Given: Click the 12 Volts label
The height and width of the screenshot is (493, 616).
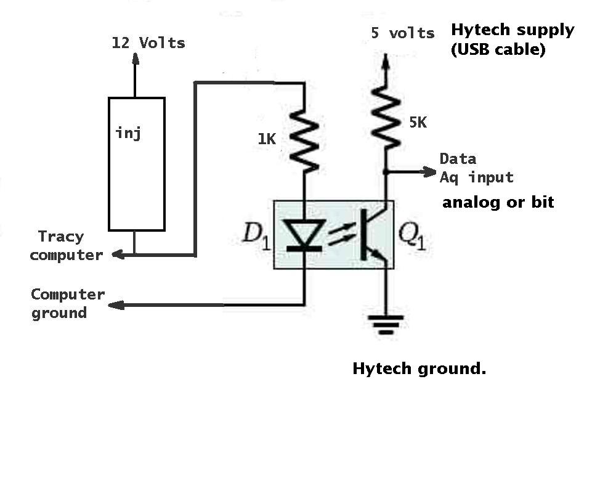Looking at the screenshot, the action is tap(148, 43).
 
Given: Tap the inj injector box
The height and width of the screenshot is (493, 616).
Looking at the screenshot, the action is tap(137, 164).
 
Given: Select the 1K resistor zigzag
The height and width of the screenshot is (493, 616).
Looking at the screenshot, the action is tap(304, 141).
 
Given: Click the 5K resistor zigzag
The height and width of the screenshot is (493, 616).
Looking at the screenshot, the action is tap(386, 118).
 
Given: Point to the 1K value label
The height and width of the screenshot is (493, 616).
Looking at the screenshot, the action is tap(267, 139).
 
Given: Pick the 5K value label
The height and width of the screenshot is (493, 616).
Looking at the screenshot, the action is tap(418, 122).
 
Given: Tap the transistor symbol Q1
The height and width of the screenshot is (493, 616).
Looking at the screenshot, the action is tap(375, 235).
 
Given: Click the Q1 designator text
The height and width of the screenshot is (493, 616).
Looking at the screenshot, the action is tap(411, 236).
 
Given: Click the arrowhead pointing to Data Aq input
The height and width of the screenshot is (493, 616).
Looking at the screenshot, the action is tap(429, 171).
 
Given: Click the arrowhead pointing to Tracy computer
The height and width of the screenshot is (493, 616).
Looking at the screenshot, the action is tap(119, 255).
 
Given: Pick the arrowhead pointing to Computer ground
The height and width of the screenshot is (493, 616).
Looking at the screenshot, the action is tap(116, 304).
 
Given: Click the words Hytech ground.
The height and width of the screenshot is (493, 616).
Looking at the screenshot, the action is tap(419, 369).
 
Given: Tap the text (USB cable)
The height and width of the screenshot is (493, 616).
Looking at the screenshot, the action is tap(498, 49).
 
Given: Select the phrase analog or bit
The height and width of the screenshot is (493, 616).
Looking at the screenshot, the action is tap(498, 202).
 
